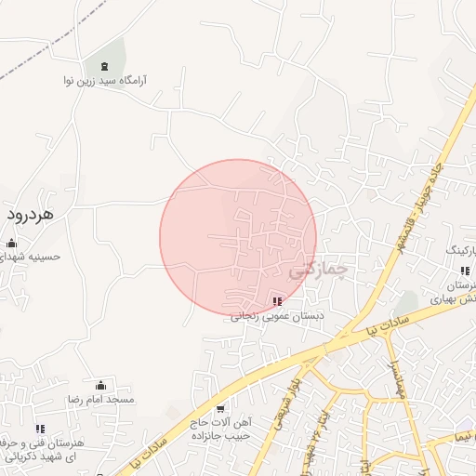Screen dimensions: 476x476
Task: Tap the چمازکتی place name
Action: click(317, 271)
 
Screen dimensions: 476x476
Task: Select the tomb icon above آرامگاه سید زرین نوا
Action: click(102, 66)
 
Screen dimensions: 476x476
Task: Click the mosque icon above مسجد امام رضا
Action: click(100, 385)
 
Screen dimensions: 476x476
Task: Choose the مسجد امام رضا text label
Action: click(99, 399)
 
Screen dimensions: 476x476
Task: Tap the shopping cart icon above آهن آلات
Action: click(220, 408)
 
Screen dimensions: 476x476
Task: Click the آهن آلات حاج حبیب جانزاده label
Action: click(224, 429)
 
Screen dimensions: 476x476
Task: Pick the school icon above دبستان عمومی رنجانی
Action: click(277, 301)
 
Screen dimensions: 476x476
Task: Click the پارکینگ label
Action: click(462, 251)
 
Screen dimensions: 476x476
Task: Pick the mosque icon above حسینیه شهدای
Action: click(11, 244)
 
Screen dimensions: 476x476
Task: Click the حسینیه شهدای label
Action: click(29, 257)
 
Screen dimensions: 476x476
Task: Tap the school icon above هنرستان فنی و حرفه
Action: click(40, 429)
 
